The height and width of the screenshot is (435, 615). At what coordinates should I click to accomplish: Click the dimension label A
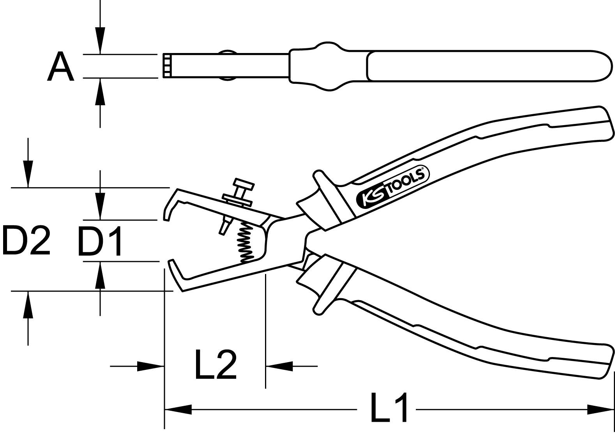point(61,67)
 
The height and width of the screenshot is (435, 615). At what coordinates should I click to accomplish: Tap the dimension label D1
point(100,241)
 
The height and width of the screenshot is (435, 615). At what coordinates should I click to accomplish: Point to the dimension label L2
point(216,365)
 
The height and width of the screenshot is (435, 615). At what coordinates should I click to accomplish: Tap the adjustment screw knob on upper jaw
point(244,183)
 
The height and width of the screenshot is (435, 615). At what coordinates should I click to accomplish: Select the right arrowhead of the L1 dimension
point(600,409)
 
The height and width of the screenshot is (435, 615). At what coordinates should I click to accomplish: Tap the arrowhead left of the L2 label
point(150,366)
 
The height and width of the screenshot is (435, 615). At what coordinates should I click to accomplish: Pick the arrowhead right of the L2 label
point(279,366)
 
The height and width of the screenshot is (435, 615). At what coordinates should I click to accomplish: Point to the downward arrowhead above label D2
point(28,174)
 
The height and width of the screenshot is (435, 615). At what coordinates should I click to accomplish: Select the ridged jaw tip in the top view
point(167,66)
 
